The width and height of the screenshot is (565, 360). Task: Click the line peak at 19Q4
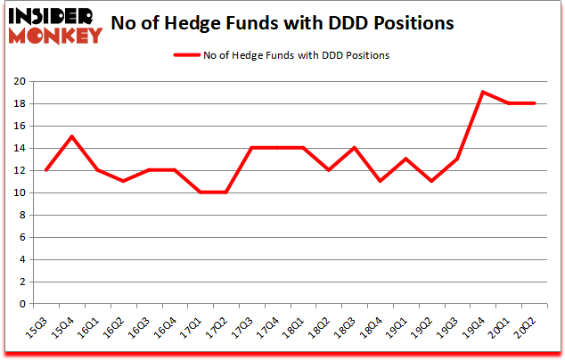pyautogui.click(x=482, y=92)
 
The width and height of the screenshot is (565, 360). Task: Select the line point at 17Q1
pyautogui.click(x=200, y=192)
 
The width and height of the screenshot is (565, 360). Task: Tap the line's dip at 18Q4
pyautogui.click(x=380, y=181)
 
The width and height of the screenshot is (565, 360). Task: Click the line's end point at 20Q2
pyautogui.click(x=533, y=103)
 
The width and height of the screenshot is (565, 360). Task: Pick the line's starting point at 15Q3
pyautogui.click(x=45, y=170)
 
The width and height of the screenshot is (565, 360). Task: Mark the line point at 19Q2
pyautogui.click(x=430, y=181)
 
